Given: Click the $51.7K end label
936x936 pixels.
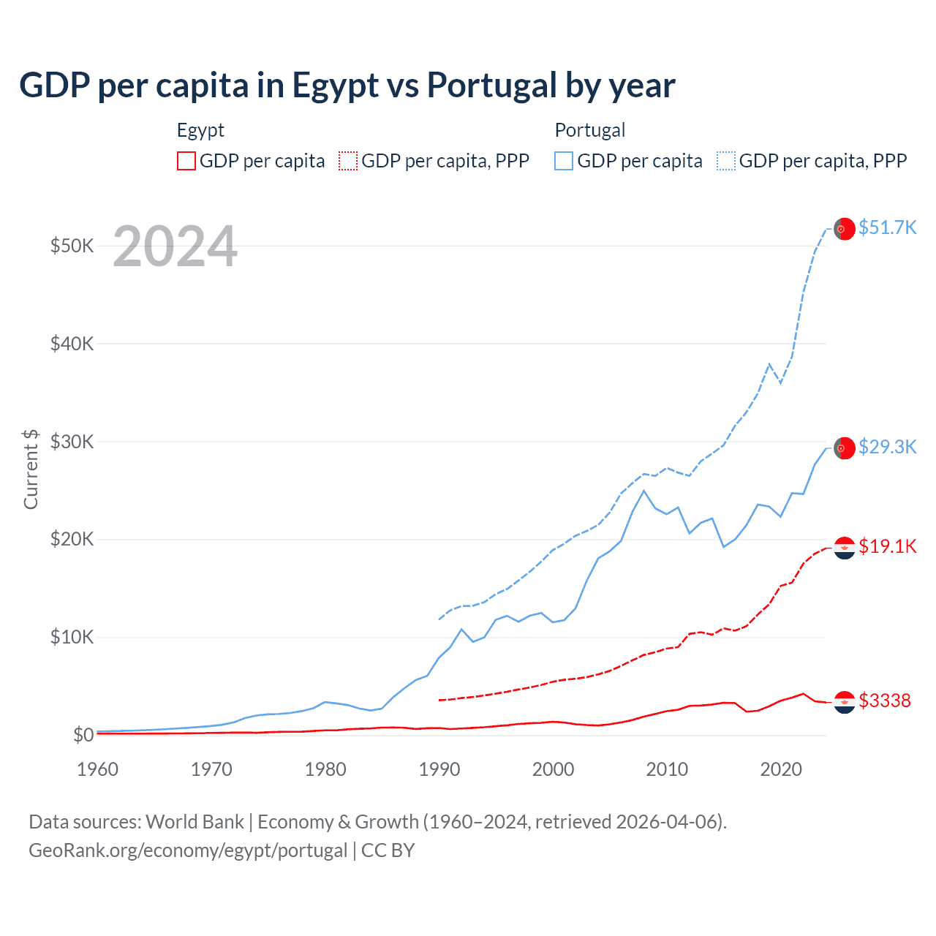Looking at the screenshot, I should [887, 227].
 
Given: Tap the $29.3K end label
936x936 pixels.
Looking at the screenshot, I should [887, 447].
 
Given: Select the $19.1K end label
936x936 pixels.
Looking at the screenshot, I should [887, 546].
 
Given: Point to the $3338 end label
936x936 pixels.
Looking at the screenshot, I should [884, 701].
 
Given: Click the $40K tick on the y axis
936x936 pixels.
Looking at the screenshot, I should [72, 344].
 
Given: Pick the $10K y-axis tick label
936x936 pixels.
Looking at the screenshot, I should [72, 638].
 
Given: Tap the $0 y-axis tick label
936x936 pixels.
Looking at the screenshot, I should [83, 735].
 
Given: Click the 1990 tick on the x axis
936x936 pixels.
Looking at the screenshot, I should [439, 769].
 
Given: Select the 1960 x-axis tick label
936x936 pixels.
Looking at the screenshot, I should [97, 769].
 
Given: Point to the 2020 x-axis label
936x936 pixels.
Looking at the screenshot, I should [781, 769].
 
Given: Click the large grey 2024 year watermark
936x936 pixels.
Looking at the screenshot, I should [175, 246].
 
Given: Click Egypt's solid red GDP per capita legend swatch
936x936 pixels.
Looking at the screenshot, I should [186, 161].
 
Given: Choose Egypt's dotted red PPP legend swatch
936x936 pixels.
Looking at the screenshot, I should [348, 161].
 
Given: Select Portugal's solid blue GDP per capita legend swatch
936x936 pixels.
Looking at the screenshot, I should [564, 161].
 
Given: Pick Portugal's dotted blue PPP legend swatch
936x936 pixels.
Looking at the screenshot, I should [726, 161].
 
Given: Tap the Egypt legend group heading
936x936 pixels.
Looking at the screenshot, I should [200, 130].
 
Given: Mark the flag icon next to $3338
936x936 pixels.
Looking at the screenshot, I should [845, 702].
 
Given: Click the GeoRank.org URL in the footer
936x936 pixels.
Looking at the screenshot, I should [188, 850].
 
